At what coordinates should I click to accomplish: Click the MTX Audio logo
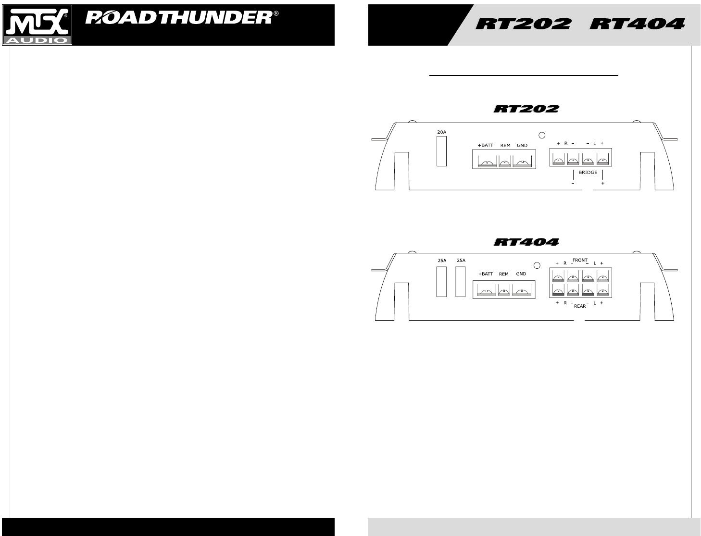tap(37, 25)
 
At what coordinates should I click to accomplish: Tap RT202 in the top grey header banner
tap(524, 24)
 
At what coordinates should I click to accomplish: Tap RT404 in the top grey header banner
tap(637, 24)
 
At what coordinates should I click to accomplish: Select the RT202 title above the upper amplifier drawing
tap(526, 109)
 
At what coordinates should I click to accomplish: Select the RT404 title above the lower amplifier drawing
tap(526, 242)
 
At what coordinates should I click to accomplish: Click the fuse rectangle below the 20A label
tap(441, 151)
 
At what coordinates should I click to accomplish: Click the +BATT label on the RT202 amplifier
tap(485, 145)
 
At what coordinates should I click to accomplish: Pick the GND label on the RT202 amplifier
tap(522, 145)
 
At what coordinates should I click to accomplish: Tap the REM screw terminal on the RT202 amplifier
tap(504, 162)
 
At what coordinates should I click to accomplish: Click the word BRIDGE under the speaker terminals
tap(588, 172)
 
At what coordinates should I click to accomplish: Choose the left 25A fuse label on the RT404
tap(441, 261)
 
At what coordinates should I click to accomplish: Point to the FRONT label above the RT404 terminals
tap(580, 260)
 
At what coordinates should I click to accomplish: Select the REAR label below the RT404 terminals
tap(580, 306)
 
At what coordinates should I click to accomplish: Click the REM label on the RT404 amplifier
tap(503, 274)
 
